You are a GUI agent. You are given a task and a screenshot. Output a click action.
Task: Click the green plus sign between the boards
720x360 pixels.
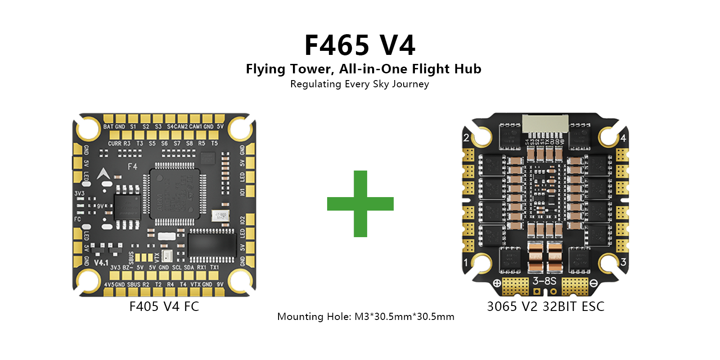[x=360, y=204]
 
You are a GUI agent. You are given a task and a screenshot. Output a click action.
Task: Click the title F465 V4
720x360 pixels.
[x=360, y=45]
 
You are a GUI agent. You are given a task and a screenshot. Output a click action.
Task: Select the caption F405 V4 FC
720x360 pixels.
[x=164, y=306]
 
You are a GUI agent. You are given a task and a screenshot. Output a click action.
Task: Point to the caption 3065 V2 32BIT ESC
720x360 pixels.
[x=545, y=306]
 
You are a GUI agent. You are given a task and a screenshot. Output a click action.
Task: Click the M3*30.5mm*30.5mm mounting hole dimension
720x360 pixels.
[x=404, y=316]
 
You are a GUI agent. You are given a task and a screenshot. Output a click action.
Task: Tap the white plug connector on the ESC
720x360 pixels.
[x=545, y=124]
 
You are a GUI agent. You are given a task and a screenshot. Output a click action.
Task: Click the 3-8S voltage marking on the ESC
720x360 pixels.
[x=544, y=281]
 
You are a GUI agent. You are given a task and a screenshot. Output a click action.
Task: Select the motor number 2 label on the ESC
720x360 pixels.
[x=466, y=138]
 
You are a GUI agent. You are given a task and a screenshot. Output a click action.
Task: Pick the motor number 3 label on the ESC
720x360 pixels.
[x=623, y=262]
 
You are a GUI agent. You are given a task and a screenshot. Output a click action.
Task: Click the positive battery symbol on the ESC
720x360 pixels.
[x=497, y=283]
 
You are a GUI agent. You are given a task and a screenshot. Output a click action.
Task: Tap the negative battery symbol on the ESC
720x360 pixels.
[x=593, y=283]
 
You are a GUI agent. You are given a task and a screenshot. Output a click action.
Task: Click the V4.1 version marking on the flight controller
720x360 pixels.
[x=101, y=262]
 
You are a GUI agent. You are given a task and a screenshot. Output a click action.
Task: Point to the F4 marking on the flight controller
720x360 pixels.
[x=132, y=166]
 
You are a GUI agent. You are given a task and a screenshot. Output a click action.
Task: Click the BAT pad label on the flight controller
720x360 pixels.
[x=108, y=127]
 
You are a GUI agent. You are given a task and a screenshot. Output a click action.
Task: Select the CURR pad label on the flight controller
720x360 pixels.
[x=114, y=144]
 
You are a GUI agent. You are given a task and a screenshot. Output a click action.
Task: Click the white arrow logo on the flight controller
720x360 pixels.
[x=103, y=174]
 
